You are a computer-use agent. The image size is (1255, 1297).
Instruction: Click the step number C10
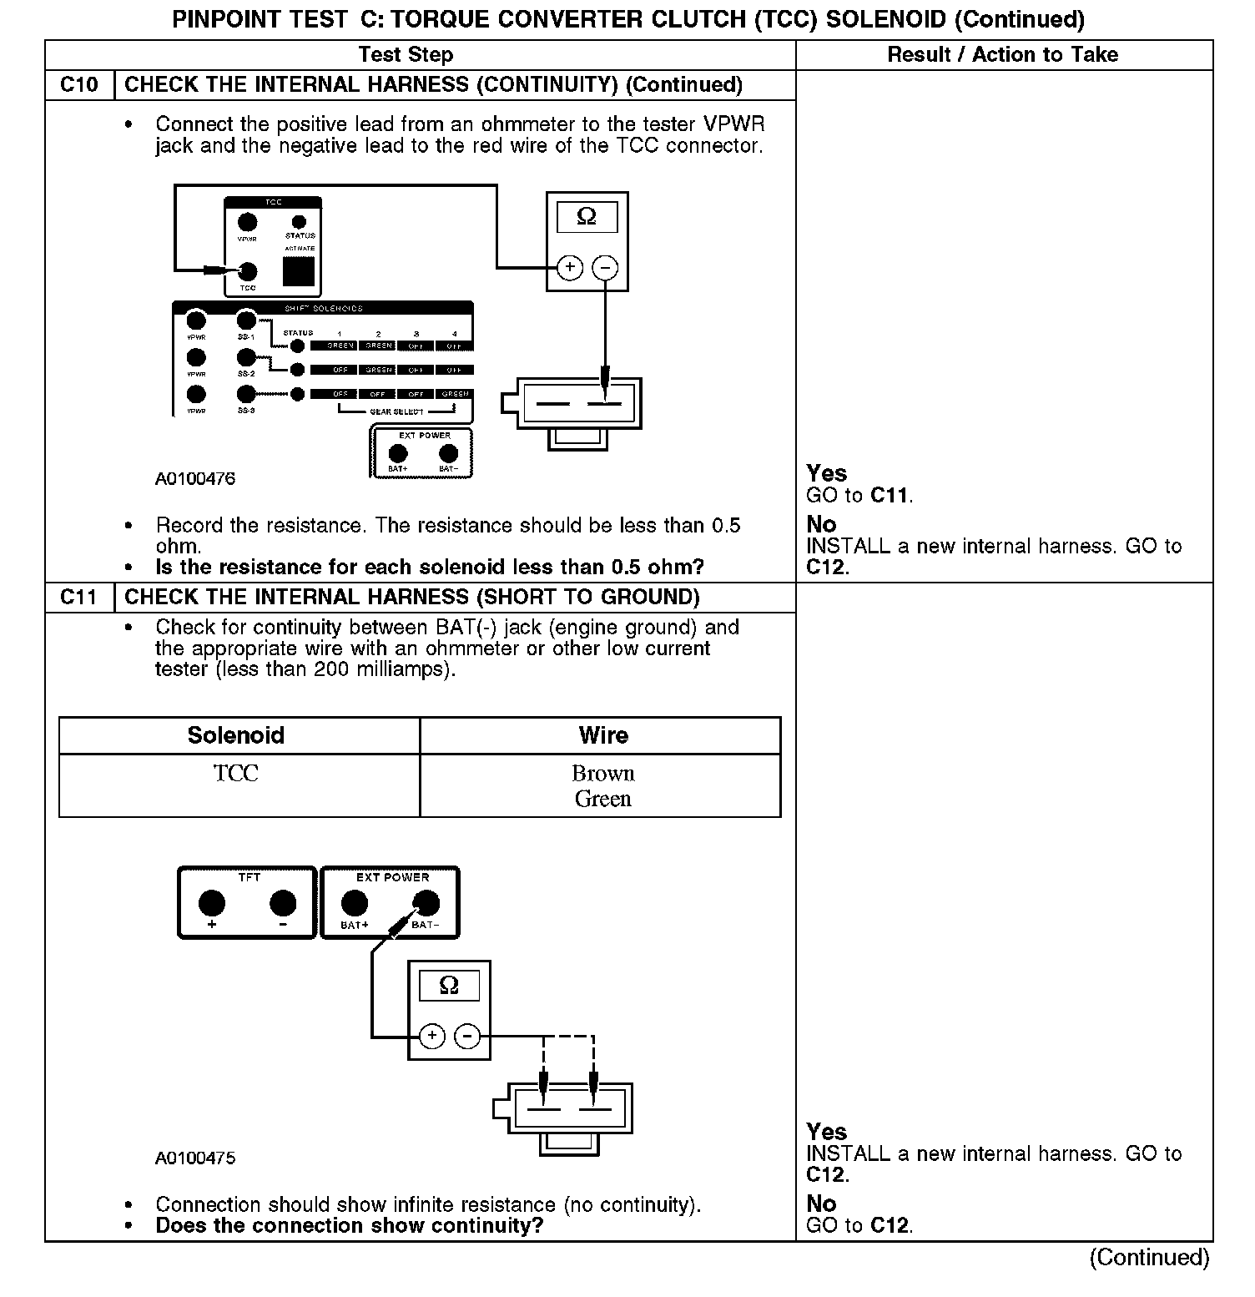(79, 85)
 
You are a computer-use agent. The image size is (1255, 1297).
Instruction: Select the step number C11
(79, 598)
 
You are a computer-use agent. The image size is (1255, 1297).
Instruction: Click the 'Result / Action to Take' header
(1002, 55)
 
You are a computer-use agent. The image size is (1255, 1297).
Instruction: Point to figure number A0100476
(195, 479)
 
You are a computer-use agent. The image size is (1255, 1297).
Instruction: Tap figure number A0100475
(195, 1158)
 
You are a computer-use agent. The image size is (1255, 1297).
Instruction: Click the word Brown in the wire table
(602, 774)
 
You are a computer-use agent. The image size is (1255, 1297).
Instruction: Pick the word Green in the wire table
(602, 800)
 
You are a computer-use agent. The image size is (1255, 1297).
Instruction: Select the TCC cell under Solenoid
(236, 774)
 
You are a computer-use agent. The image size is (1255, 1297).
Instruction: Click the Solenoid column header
(236, 735)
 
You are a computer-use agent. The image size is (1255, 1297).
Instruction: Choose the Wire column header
(602, 735)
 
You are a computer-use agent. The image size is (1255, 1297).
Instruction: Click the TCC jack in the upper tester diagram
(248, 271)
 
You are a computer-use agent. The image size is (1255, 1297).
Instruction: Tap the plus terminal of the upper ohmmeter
(570, 268)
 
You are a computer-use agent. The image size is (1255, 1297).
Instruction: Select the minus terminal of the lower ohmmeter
(467, 1037)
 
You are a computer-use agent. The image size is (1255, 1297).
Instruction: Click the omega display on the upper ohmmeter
(587, 218)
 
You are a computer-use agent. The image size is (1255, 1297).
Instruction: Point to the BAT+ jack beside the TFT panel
(355, 903)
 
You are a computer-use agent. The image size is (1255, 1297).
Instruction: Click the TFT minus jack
(284, 903)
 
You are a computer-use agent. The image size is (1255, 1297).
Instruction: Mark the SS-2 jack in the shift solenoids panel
(246, 359)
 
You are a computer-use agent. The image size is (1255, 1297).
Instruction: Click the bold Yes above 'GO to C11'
(827, 473)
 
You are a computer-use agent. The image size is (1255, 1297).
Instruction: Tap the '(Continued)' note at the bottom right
(1149, 1258)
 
